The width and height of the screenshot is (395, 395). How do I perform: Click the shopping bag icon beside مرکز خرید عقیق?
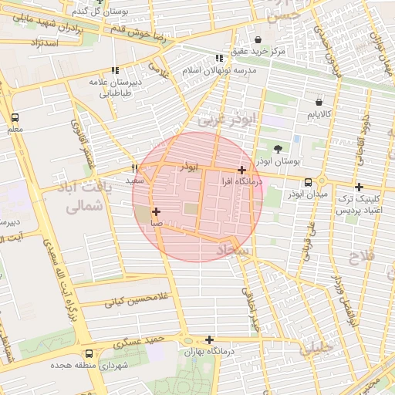[x=258, y=40]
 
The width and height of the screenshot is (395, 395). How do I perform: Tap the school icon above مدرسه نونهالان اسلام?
[x=220, y=58]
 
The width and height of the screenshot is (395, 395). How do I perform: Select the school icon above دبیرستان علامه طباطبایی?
[x=115, y=70]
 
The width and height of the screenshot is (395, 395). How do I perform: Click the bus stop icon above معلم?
[x=15, y=118]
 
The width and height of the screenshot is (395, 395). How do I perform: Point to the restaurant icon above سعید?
[x=135, y=168]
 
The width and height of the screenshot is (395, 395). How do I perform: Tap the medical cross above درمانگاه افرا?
[x=242, y=170]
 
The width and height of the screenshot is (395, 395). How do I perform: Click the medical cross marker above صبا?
[x=157, y=211]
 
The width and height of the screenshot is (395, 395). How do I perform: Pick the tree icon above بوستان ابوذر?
[x=278, y=149]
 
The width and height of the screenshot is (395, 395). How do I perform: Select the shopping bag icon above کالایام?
[x=319, y=101]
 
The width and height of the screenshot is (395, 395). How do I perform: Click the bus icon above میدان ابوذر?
[x=309, y=183]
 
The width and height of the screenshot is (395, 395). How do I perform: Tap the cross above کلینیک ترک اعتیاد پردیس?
[x=359, y=187]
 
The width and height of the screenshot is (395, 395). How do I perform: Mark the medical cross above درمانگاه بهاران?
[x=209, y=339]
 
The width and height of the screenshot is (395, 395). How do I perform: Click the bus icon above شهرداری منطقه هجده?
[x=89, y=354]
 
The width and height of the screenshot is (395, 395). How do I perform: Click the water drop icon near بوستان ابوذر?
[x=298, y=139]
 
